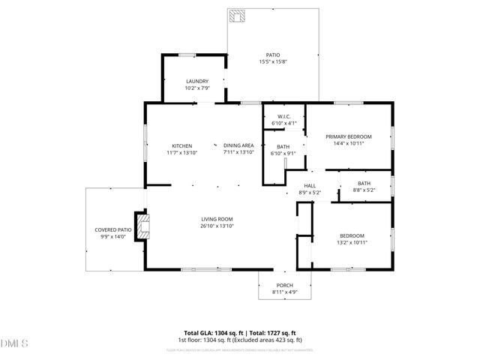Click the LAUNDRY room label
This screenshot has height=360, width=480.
pos(197,81)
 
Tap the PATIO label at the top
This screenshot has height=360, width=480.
pos(273,55)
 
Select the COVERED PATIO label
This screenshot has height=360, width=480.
pos(113,229)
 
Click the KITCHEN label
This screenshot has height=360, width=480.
pos(182,145)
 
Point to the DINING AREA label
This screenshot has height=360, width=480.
pos(238,145)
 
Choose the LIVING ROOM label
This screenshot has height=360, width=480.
pos(217,219)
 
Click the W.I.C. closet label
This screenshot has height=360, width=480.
pos(283,116)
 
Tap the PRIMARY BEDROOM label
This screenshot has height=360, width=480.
pos(344,136)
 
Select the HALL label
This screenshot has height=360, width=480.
pos(310,186)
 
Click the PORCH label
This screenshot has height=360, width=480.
pos(284,285)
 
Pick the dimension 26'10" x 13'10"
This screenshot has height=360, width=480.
pos(217,226)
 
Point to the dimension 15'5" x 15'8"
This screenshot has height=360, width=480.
pos(273,61)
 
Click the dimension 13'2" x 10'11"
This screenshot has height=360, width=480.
pos(352,242)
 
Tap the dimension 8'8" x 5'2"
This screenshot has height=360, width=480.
pos(364,190)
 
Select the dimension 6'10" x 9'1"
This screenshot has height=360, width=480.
pos(283,153)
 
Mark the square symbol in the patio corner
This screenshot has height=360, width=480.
pos(238,17)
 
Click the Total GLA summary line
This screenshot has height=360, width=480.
pos(240,332)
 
